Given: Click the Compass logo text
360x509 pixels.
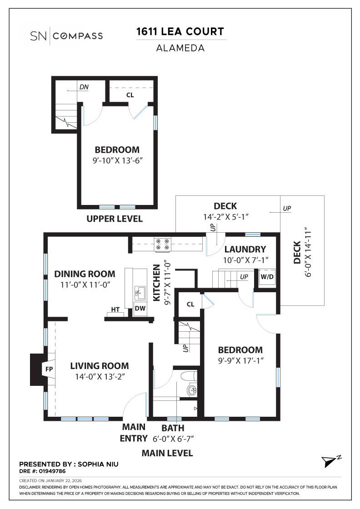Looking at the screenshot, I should click(x=78, y=36).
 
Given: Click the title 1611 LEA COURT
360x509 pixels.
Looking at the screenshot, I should click(x=180, y=32).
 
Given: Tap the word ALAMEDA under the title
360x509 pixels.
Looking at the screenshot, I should click(x=180, y=48).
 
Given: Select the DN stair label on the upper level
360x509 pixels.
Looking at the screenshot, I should click(x=84, y=86).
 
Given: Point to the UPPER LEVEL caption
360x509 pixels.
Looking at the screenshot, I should click(x=115, y=219).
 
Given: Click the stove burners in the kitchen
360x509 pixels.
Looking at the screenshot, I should click(x=162, y=245).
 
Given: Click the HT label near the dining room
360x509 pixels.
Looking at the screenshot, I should click(x=115, y=309).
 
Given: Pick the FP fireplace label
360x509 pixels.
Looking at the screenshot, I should click(x=49, y=369).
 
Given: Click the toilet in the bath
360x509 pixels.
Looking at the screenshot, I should click(x=189, y=376).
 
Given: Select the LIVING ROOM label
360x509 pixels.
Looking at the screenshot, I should click(x=99, y=366).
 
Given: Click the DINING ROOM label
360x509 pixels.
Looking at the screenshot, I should click(x=85, y=274).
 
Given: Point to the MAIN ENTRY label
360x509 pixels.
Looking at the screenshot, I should click(x=134, y=433).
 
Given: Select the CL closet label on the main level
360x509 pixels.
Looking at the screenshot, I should click(x=190, y=304).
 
